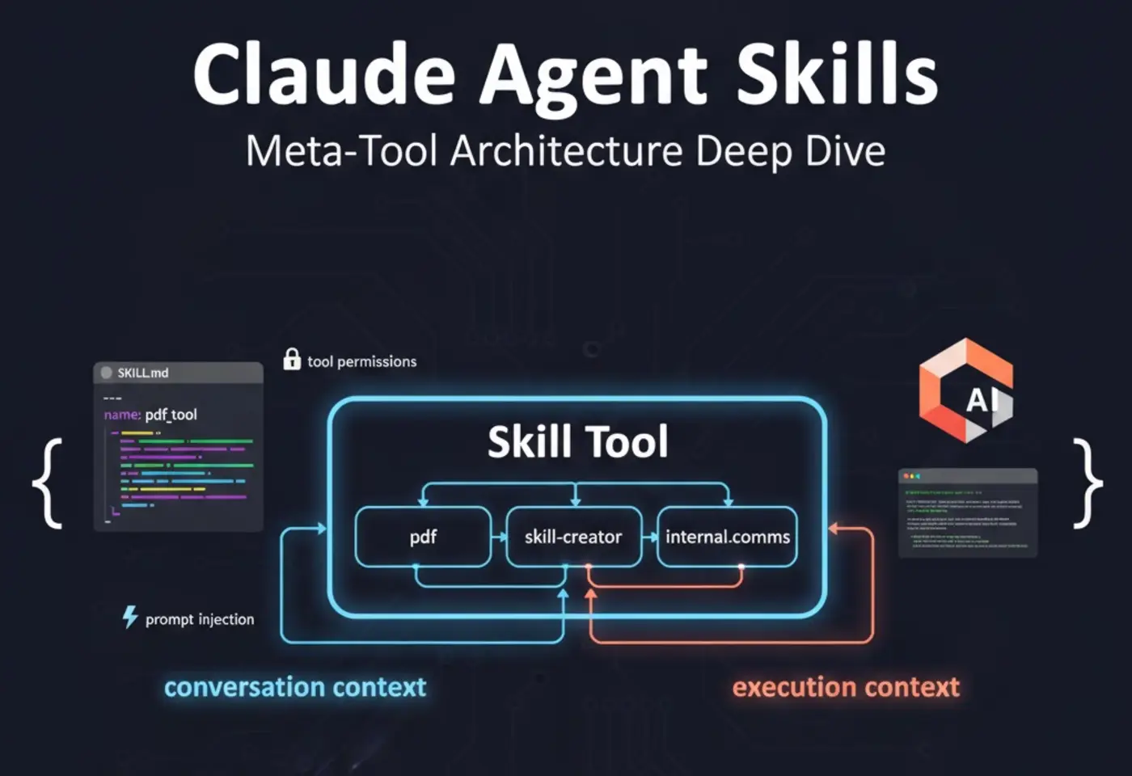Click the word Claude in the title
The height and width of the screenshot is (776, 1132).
click(323, 74)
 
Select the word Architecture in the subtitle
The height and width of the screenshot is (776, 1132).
click(566, 151)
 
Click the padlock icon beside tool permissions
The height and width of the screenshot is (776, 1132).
click(292, 360)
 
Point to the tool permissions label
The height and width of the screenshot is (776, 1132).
click(361, 361)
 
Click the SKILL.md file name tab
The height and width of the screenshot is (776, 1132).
click(142, 373)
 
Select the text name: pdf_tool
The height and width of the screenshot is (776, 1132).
click(150, 415)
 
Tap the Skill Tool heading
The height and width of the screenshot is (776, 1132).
click(577, 442)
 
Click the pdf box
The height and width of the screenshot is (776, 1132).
click(423, 537)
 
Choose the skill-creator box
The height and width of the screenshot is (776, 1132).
click(573, 537)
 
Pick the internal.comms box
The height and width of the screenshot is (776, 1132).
click(727, 537)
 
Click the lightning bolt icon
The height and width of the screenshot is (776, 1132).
click(129, 618)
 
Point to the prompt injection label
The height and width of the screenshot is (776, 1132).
click(199, 619)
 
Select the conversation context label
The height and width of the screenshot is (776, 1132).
click(295, 687)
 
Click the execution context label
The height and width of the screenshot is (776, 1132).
click(846, 687)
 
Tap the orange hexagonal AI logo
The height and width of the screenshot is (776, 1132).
click(965, 391)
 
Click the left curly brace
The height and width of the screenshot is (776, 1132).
click(49, 483)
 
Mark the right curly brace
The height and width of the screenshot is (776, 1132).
click(1087, 483)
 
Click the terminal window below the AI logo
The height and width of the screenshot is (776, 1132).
click(967, 512)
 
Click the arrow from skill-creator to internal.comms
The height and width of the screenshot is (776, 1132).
click(650, 537)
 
